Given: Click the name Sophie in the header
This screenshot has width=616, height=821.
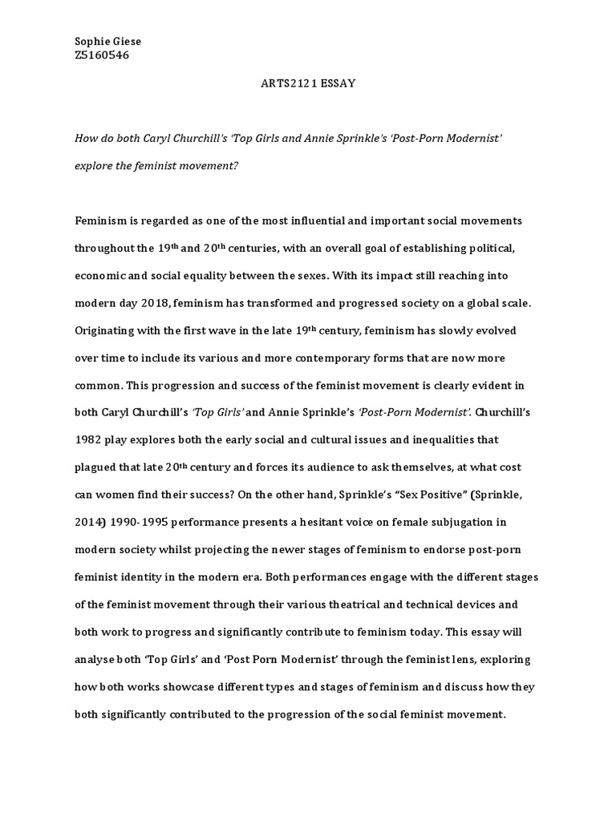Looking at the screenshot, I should coord(91,42).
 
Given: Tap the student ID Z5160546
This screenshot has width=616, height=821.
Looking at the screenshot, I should coord(102,55).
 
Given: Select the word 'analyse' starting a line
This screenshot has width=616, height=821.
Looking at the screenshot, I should coord(96,660).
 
